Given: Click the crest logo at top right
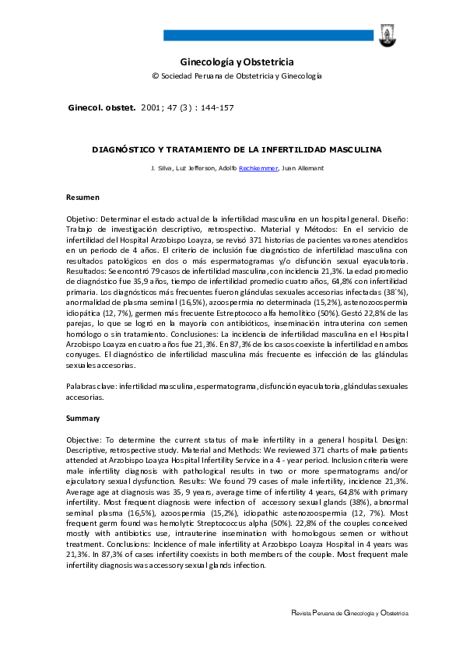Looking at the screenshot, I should coord(386,33).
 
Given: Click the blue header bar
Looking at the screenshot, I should coord(268,35).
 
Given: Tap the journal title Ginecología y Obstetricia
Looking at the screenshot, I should coord(237,61).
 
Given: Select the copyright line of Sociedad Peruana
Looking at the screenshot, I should coord(237,76).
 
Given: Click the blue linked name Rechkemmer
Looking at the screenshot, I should coord(259,169).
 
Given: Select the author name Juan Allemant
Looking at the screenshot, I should coord(303,169).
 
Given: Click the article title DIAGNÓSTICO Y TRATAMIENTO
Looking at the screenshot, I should coord(237,148).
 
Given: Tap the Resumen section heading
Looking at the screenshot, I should coord(82,198).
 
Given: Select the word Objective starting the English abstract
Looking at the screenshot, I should coord(84,440).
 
